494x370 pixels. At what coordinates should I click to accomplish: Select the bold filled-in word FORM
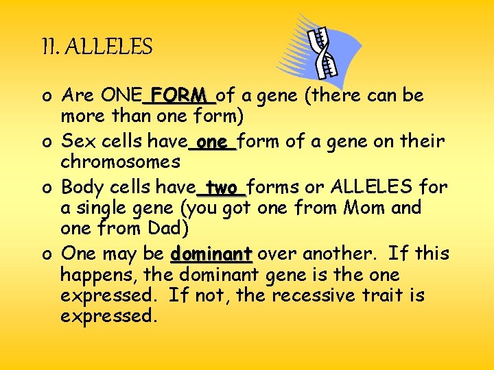click(178, 95)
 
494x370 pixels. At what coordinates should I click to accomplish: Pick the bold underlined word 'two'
click(222, 187)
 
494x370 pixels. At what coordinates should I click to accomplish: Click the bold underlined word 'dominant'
click(211, 254)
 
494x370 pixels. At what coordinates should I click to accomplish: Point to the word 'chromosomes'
click(120, 162)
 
